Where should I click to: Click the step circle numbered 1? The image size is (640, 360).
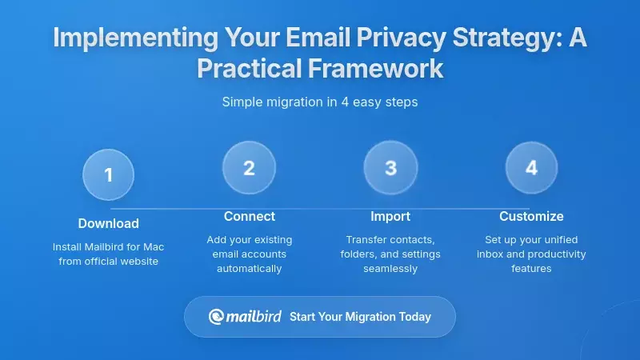(108, 174)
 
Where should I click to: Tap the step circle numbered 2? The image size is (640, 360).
(249, 168)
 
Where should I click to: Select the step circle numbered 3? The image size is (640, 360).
(390, 168)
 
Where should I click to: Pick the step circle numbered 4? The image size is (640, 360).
(531, 168)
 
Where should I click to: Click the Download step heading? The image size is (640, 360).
(108, 223)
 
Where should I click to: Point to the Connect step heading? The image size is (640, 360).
(249, 216)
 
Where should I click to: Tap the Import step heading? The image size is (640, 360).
(390, 216)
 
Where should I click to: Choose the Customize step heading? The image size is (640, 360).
(531, 216)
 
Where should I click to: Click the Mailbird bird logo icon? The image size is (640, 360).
(216, 317)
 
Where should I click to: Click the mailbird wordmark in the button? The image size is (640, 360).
(252, 317)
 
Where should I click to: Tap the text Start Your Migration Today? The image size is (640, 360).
(360, 317)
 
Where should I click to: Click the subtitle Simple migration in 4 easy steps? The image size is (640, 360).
(320, 102)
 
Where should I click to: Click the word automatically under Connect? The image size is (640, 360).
(249, 268)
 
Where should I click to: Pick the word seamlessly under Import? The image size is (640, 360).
(390, 268)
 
